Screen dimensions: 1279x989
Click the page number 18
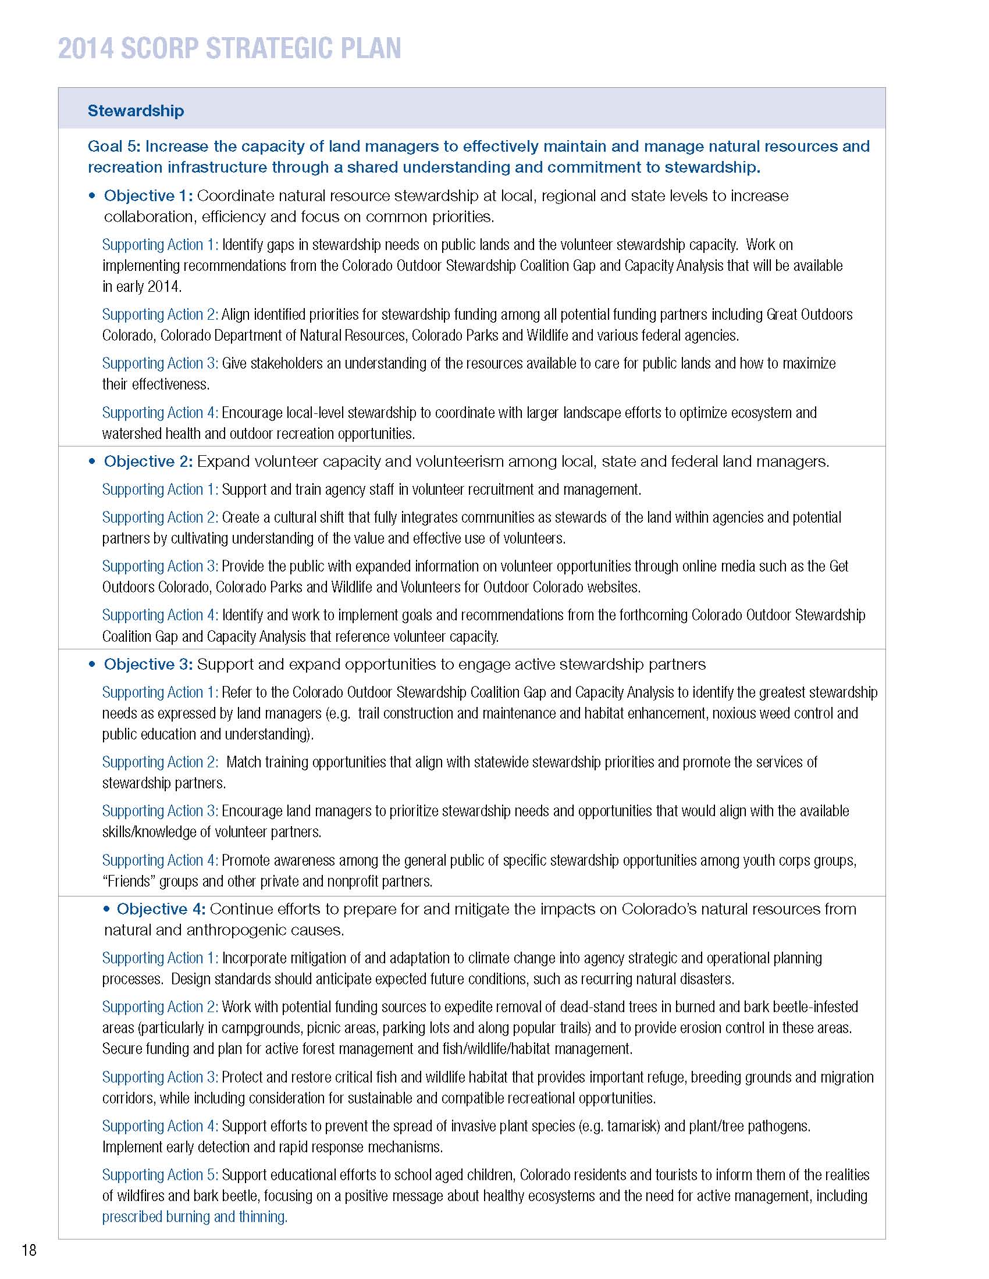click(x=29, y=1251)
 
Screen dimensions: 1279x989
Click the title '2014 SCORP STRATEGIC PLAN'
click(x=230, y=49)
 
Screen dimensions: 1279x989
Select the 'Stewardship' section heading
click(x=136, y=110)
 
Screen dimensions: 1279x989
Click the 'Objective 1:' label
click(x=148, y=195)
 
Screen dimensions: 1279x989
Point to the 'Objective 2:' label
click(x=148, y=462)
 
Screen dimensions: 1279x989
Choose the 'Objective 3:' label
click(x=148, y=664)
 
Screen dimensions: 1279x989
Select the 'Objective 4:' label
click(x=161, y=909)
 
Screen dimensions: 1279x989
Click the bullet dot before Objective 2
click(x=92, y=462)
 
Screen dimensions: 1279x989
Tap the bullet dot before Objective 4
click(x=106, y=909)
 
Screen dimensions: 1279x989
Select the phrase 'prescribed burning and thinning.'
click(x=194, y=1217)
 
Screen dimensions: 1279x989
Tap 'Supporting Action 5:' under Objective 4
click(x=160, y=1175)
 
